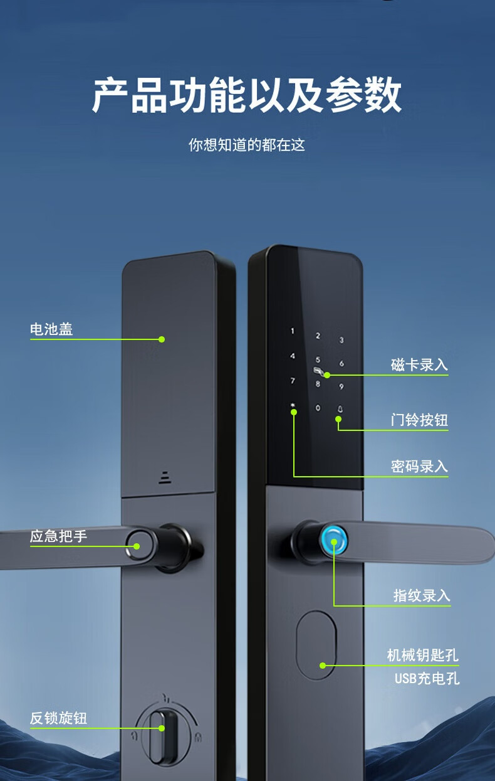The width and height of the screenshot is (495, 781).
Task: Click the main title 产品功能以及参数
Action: tap(247, 96)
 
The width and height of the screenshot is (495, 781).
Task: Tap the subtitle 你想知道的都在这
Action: tap(247, 145)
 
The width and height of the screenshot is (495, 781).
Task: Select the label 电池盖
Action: tap(51, 329)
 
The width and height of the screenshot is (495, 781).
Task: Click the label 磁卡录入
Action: tap(419, 365)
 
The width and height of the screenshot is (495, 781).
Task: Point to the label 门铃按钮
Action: tap(419, 420)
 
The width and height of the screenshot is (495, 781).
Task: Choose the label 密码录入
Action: tap(419, 467)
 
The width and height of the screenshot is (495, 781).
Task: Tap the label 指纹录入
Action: tap(422, 595)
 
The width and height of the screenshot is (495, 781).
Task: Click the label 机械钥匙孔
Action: tap(423, 656)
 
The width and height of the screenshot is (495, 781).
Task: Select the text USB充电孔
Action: tap(427, 678)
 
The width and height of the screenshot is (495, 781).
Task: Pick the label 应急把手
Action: tap(59, 536)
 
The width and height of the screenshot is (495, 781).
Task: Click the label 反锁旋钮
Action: tap(59, 718)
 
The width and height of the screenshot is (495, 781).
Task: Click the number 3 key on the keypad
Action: tap(341, 341)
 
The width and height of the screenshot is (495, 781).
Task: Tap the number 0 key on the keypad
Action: tap(318, 408)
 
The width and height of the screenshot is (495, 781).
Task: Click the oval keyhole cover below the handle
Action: tap(316, 646)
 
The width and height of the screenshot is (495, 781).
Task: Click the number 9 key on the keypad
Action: tap(341, 386)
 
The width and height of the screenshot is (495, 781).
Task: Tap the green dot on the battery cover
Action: tap(162, 339)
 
